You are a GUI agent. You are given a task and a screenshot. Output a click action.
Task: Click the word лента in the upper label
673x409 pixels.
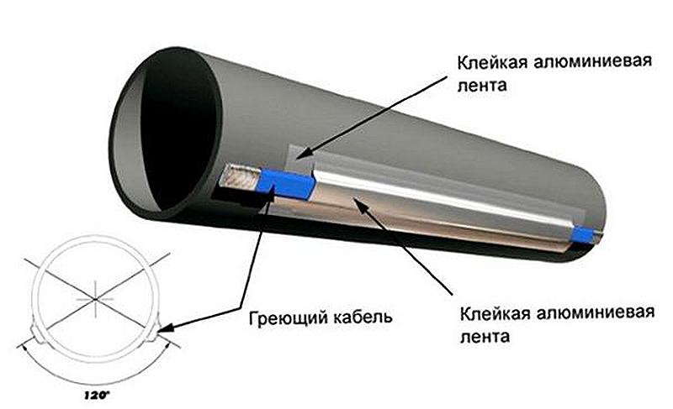[480, 85]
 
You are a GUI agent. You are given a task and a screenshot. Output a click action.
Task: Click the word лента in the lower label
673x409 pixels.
[481, 337]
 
